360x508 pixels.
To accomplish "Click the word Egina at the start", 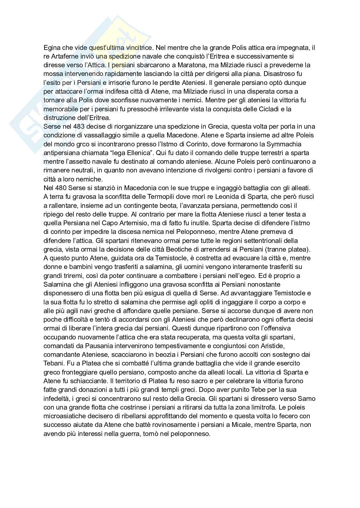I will [x=51, y=48].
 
